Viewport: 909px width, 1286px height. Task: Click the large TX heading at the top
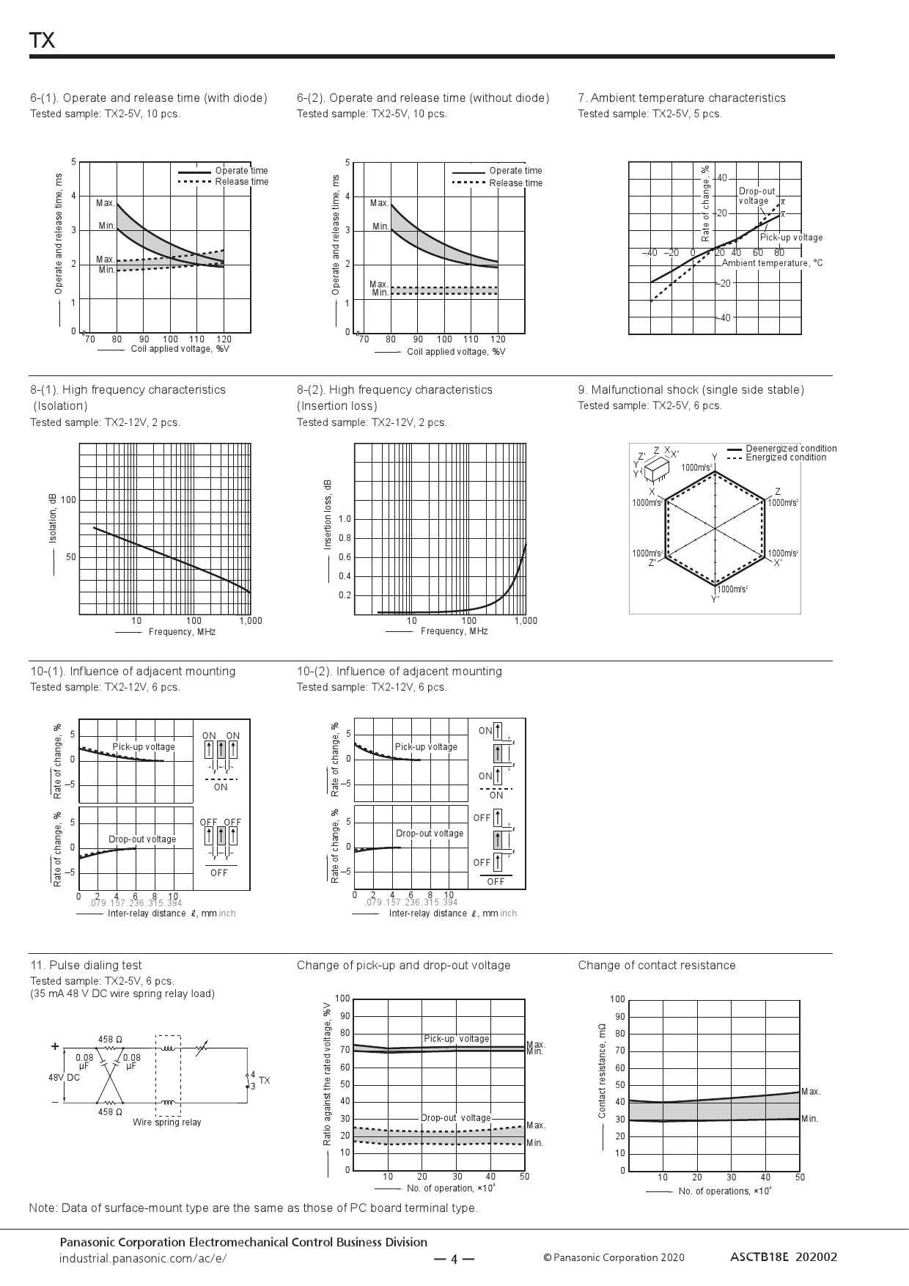pos(43,41)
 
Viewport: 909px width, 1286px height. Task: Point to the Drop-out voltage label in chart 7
pos(756,196)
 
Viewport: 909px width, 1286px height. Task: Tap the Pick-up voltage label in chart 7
pos(791,238)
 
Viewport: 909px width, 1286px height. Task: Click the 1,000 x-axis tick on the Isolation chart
pos(251,621)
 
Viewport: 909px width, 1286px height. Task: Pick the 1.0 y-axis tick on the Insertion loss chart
pos(345,519)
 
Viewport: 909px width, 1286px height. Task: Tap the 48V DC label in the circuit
pos(64,1078)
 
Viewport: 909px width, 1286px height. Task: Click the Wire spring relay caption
pos(166,1123)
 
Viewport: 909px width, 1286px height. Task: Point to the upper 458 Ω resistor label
pos(110,1039)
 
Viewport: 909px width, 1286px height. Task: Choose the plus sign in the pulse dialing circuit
pos(55,1047)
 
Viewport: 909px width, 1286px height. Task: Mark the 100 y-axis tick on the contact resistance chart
pos(617,999)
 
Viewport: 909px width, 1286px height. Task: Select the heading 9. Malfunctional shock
pos(691,390)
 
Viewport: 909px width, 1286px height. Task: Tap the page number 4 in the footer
pos(454,1260)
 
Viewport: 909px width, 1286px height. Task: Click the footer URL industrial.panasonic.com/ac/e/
pos(143,1258)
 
